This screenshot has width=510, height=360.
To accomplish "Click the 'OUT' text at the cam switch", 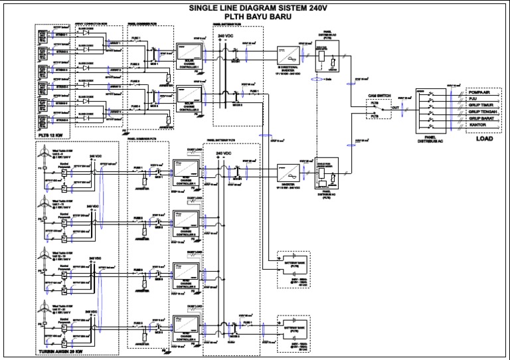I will point(395,107).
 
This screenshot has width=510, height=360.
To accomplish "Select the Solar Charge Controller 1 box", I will point(191,51).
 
